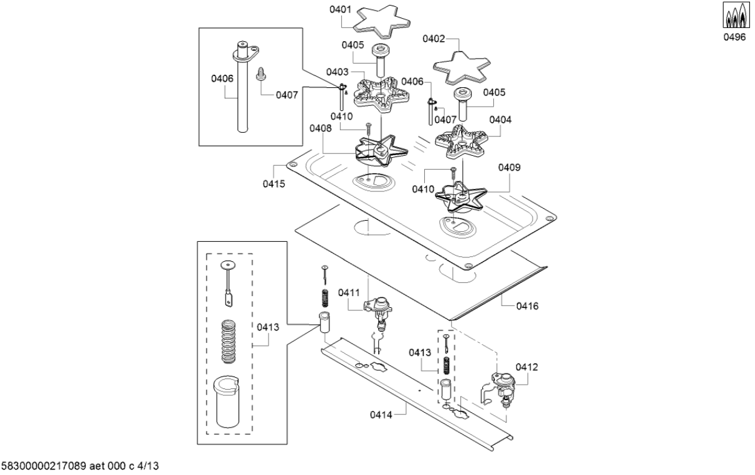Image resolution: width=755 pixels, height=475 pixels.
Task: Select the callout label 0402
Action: click(x=434, y=39)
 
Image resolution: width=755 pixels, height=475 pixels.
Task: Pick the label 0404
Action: click(x=500, y=119)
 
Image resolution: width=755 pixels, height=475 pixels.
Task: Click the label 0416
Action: click(x=527, y=306)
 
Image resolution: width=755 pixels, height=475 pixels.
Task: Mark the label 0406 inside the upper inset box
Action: click(x=222, y=79)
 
